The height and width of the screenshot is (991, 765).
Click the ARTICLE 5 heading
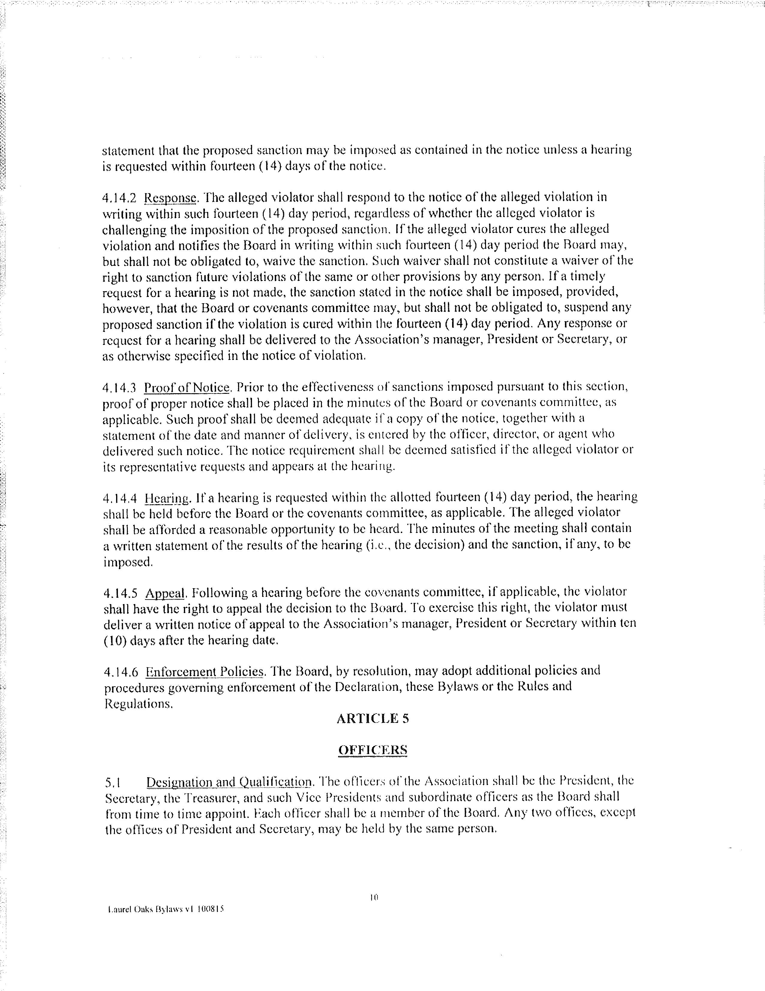click(373, 718)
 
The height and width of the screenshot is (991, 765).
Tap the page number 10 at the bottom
click(374, 897)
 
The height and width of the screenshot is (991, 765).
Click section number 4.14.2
click(119, 197)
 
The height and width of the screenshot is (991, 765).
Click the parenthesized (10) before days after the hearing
click(115, 641)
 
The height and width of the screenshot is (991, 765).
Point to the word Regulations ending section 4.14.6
click(138, 703)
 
